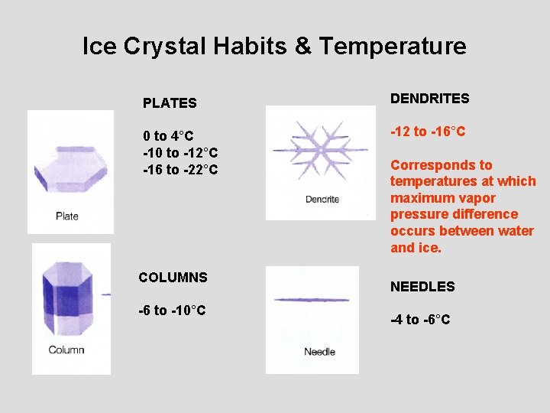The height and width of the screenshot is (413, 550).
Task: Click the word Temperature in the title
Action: pos(393,47)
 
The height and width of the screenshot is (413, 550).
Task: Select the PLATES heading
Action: pos(170,102)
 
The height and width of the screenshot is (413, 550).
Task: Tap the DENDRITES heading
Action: pos(429,99)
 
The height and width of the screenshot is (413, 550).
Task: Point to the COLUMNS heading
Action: pos(173,277)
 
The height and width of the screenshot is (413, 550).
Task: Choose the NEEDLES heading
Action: pos(422,287)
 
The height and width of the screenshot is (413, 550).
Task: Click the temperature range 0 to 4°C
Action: pos(170,136)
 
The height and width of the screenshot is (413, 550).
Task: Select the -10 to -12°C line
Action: pos(180,153)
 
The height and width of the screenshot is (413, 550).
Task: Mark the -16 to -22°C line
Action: pos(180,169)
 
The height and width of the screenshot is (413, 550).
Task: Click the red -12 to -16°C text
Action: pos(428,132)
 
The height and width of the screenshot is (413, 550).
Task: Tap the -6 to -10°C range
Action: pos(172,310)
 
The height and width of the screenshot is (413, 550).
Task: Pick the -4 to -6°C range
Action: pos(420,320)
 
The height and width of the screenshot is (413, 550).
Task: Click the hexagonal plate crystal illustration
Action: pos(70,168)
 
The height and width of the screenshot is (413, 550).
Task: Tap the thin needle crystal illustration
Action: pos(311,300)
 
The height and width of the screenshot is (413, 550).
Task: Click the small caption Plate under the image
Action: pos(67,216)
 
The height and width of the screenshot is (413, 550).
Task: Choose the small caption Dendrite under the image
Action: pos(322,200)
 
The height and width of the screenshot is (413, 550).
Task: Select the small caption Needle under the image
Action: pos(319,352)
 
